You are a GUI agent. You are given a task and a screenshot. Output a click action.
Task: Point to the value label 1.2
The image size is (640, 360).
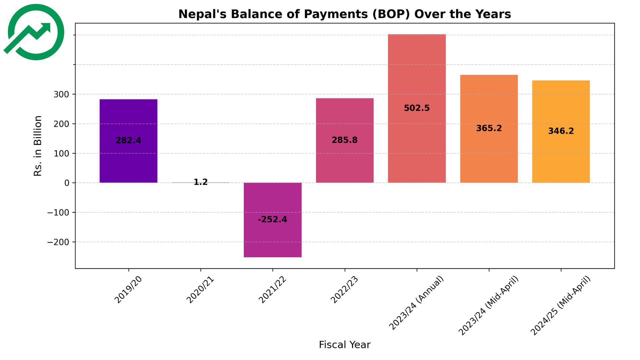(x=200, y=182)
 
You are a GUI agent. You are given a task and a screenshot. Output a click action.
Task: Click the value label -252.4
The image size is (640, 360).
(x=272, y=219)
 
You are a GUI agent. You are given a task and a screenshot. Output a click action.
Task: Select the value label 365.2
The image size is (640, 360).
(x=489, y=128)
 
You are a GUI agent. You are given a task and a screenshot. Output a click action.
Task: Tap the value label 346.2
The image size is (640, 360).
(x=561, y=131)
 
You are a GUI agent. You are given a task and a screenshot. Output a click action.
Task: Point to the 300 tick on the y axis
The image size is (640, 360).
(x=61, y=94)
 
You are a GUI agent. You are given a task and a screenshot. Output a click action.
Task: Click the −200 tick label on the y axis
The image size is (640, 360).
(x=58, y=242)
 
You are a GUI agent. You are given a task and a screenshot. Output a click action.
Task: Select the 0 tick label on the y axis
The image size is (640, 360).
(x=67, y=183)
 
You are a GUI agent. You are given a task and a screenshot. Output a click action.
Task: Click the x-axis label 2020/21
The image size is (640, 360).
(x=200, y=290)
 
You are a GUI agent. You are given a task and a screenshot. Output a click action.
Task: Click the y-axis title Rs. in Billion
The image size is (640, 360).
(x=38, y=146)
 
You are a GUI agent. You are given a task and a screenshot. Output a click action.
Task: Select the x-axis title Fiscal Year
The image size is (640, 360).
(x=344, y=345)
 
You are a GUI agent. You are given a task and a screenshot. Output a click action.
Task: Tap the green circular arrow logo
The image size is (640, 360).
(x=35, y=32)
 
